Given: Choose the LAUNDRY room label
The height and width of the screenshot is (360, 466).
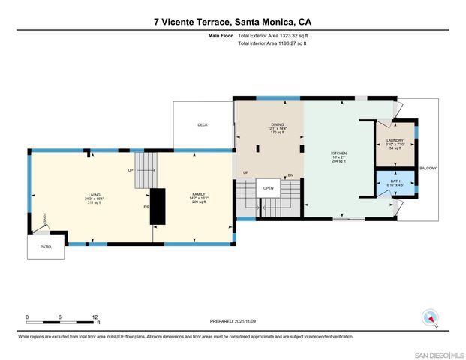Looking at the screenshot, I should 395,140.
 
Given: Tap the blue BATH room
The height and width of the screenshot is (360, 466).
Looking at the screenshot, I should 395,184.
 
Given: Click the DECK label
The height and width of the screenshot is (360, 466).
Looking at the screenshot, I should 203,125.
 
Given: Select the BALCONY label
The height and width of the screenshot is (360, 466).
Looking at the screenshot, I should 428,168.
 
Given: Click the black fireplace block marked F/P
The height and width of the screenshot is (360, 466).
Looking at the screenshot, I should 158,205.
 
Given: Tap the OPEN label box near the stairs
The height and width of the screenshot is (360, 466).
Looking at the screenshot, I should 268,188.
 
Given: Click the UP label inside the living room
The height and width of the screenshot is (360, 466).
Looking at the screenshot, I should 131,170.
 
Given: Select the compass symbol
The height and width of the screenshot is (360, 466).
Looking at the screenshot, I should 430,317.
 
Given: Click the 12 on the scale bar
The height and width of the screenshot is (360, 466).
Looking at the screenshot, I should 95,316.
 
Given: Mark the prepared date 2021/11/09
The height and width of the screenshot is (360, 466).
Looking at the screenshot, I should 233,321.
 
